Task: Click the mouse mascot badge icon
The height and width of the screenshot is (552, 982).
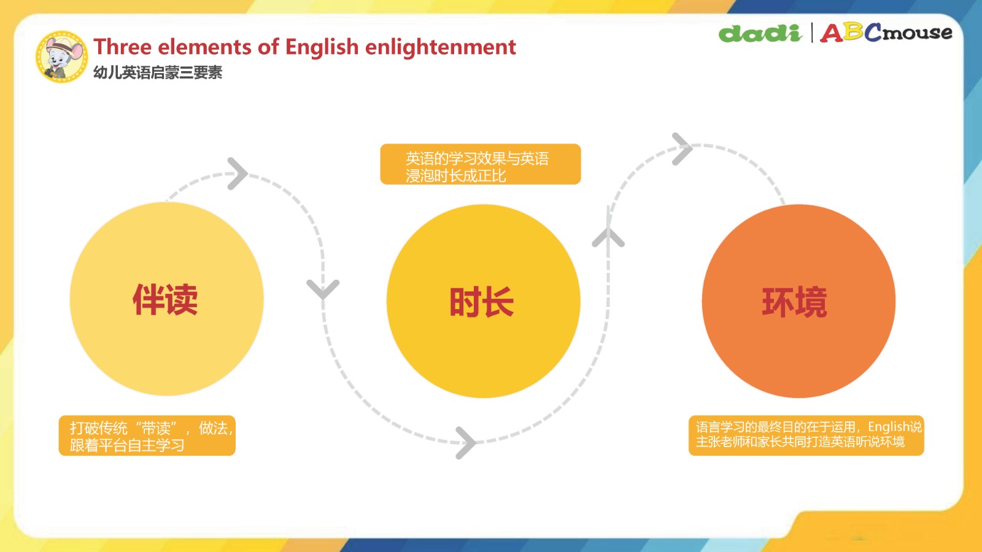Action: coord(61,56)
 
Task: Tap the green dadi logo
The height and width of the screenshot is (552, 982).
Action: coord(760,33)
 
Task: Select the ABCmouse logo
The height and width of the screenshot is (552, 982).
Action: coord(886,33)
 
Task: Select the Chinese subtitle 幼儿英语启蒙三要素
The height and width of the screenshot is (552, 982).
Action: coord(158,73)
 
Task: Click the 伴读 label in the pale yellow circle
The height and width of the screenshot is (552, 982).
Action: coord(165,300)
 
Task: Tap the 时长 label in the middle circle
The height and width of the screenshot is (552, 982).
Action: coord(482,302)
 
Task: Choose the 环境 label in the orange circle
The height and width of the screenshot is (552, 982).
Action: coord(794,302)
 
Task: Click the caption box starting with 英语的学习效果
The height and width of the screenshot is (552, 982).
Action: coord(481,164)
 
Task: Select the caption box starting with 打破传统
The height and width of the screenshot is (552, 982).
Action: coord(147,436)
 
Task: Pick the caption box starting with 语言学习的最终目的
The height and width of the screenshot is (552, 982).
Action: coord(806,435)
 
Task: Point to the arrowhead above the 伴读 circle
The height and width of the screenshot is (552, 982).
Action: coord(238,174)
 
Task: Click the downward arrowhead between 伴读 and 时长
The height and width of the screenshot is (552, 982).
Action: coord(323,289)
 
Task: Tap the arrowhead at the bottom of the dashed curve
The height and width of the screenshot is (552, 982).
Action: coord(466,443)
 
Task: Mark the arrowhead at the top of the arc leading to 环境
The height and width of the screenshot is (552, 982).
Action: coord(682,149)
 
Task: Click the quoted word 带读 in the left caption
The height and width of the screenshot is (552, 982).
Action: coord(157,428)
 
